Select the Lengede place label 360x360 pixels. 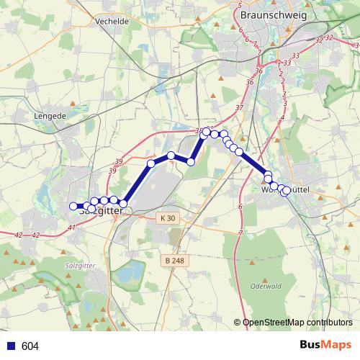click(49, 114)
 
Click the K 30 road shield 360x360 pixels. click(168, 217)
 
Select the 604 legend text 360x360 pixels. click(30, 346)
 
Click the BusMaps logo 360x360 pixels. click(324, 346)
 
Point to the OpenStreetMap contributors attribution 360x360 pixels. click(297, 323)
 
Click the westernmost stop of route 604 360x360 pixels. click(73, 207)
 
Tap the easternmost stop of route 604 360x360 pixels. click(287, 190)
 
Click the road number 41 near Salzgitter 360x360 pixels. click(71, 228)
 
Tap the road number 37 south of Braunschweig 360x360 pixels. click(240, 108)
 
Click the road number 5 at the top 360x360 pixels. click(240, 5)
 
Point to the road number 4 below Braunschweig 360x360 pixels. click(283, 117)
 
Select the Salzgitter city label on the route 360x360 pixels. click(97, 212)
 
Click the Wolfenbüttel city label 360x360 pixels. click(286, 189)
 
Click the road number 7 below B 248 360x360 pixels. click(240, 233)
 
